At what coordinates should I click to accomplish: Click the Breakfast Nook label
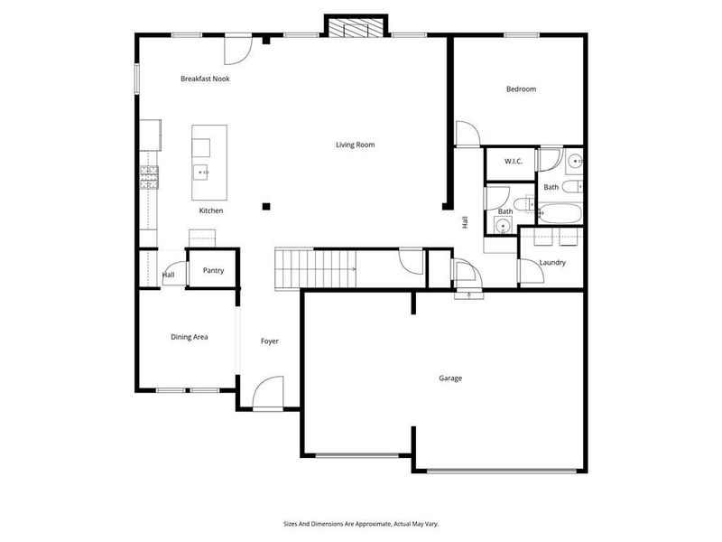coord(205,79)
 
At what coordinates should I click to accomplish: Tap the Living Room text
coord(355,145)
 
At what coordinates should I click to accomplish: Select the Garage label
coord(450,378)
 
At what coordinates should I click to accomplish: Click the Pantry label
coord(213,271)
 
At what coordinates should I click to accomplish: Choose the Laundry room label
coord(552,263)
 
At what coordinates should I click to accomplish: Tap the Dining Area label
coord(190,337)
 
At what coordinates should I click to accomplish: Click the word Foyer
coord(269,341)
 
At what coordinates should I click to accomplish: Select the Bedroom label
coord(521,89)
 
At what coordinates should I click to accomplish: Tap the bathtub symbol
coord(560,215)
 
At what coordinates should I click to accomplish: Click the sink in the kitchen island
coord(200,171)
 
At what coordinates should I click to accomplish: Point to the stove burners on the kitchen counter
coord(148,175)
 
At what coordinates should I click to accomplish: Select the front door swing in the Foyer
coord(268,394)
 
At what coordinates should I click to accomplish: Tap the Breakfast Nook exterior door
coord(237,51)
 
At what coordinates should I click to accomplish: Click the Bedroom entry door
coord(467,135)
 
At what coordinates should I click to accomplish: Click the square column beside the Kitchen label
coord(266,206)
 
